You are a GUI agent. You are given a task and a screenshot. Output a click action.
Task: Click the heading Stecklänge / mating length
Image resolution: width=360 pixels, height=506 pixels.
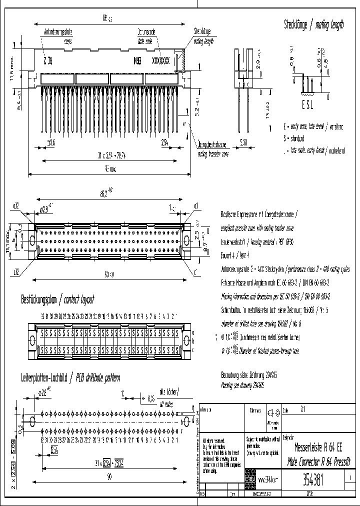pos(313,25)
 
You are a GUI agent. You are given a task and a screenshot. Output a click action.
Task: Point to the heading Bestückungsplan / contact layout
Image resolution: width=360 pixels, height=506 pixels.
pos(57,300)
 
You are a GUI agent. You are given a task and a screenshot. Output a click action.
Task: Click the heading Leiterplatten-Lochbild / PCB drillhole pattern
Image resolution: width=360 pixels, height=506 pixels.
pos(70,378)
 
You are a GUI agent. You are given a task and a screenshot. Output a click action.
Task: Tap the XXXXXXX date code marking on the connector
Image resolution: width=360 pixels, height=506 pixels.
pos(160,59)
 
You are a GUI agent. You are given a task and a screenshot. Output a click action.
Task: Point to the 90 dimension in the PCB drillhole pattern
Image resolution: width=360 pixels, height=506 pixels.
pos(109,477)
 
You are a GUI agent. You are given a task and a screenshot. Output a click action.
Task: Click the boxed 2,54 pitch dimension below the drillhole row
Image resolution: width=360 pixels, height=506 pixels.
pos(54,450)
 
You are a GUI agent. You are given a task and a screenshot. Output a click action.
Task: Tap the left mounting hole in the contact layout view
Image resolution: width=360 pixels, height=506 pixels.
pos(33,340)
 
